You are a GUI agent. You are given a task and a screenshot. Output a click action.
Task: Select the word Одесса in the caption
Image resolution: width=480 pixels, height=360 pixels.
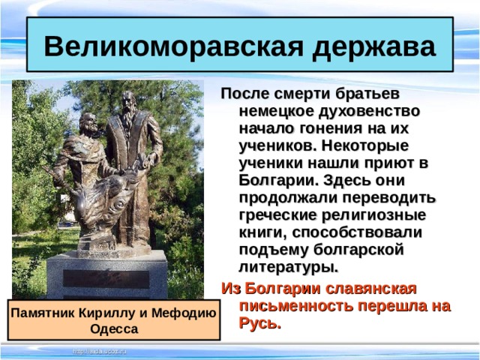coord(114,328)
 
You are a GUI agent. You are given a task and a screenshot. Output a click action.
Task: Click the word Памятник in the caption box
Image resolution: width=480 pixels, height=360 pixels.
coord(46,313)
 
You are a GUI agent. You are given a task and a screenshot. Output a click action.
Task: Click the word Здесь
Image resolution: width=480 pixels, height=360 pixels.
coord(344,181)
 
